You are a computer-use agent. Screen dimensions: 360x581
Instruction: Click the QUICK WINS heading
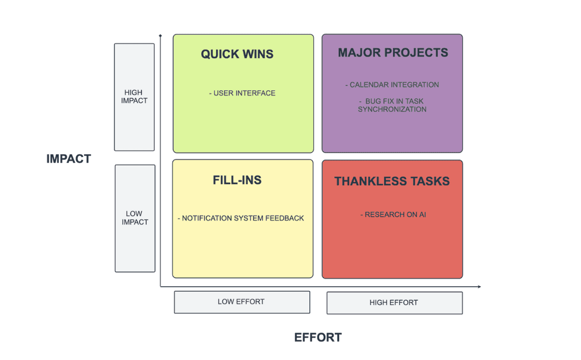[237, 54]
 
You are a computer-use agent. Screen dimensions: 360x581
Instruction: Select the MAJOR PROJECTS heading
[393, 53]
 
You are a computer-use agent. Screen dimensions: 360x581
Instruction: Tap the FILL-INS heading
[237, 180]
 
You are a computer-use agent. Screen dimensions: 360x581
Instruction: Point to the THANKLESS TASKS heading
[392, 182]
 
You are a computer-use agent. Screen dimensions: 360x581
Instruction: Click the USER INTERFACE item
[242, 93]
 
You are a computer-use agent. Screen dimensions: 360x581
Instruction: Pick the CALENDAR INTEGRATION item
[392, 84]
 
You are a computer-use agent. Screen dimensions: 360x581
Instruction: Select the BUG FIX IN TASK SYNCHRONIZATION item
[392, 105]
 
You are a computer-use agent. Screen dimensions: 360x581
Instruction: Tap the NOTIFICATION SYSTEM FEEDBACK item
[241, 218]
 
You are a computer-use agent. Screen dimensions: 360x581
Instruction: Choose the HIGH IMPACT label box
[134, 97]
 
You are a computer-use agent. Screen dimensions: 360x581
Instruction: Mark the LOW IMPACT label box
[135, 218]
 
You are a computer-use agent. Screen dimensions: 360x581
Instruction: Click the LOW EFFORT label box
[241, 302]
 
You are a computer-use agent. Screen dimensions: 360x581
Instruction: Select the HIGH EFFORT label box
[394, 302]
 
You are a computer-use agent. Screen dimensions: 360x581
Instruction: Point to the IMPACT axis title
[69, 159]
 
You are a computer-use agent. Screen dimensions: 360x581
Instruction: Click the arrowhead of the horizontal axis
[479, 287]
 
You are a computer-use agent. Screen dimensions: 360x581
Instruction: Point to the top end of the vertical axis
[160, 36]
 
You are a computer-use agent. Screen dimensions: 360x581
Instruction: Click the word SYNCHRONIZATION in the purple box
[392, 109]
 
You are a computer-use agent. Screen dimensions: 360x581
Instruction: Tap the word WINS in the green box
[257, 54]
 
